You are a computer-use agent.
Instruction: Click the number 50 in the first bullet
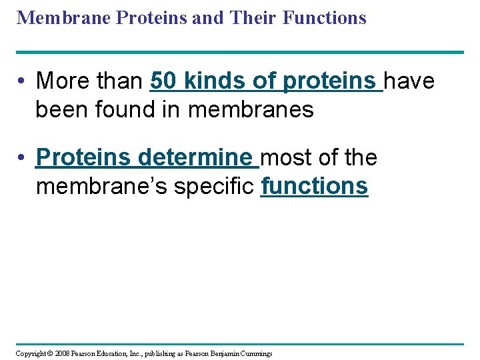point(164,81)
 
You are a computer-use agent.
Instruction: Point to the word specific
point(215,186)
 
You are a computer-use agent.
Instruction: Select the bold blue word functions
point(314,186)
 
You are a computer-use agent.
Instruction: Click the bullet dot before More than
point(22,82)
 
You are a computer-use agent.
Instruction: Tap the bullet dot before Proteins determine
point(22,159)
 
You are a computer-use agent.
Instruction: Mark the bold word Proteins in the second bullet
point(83,158)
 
